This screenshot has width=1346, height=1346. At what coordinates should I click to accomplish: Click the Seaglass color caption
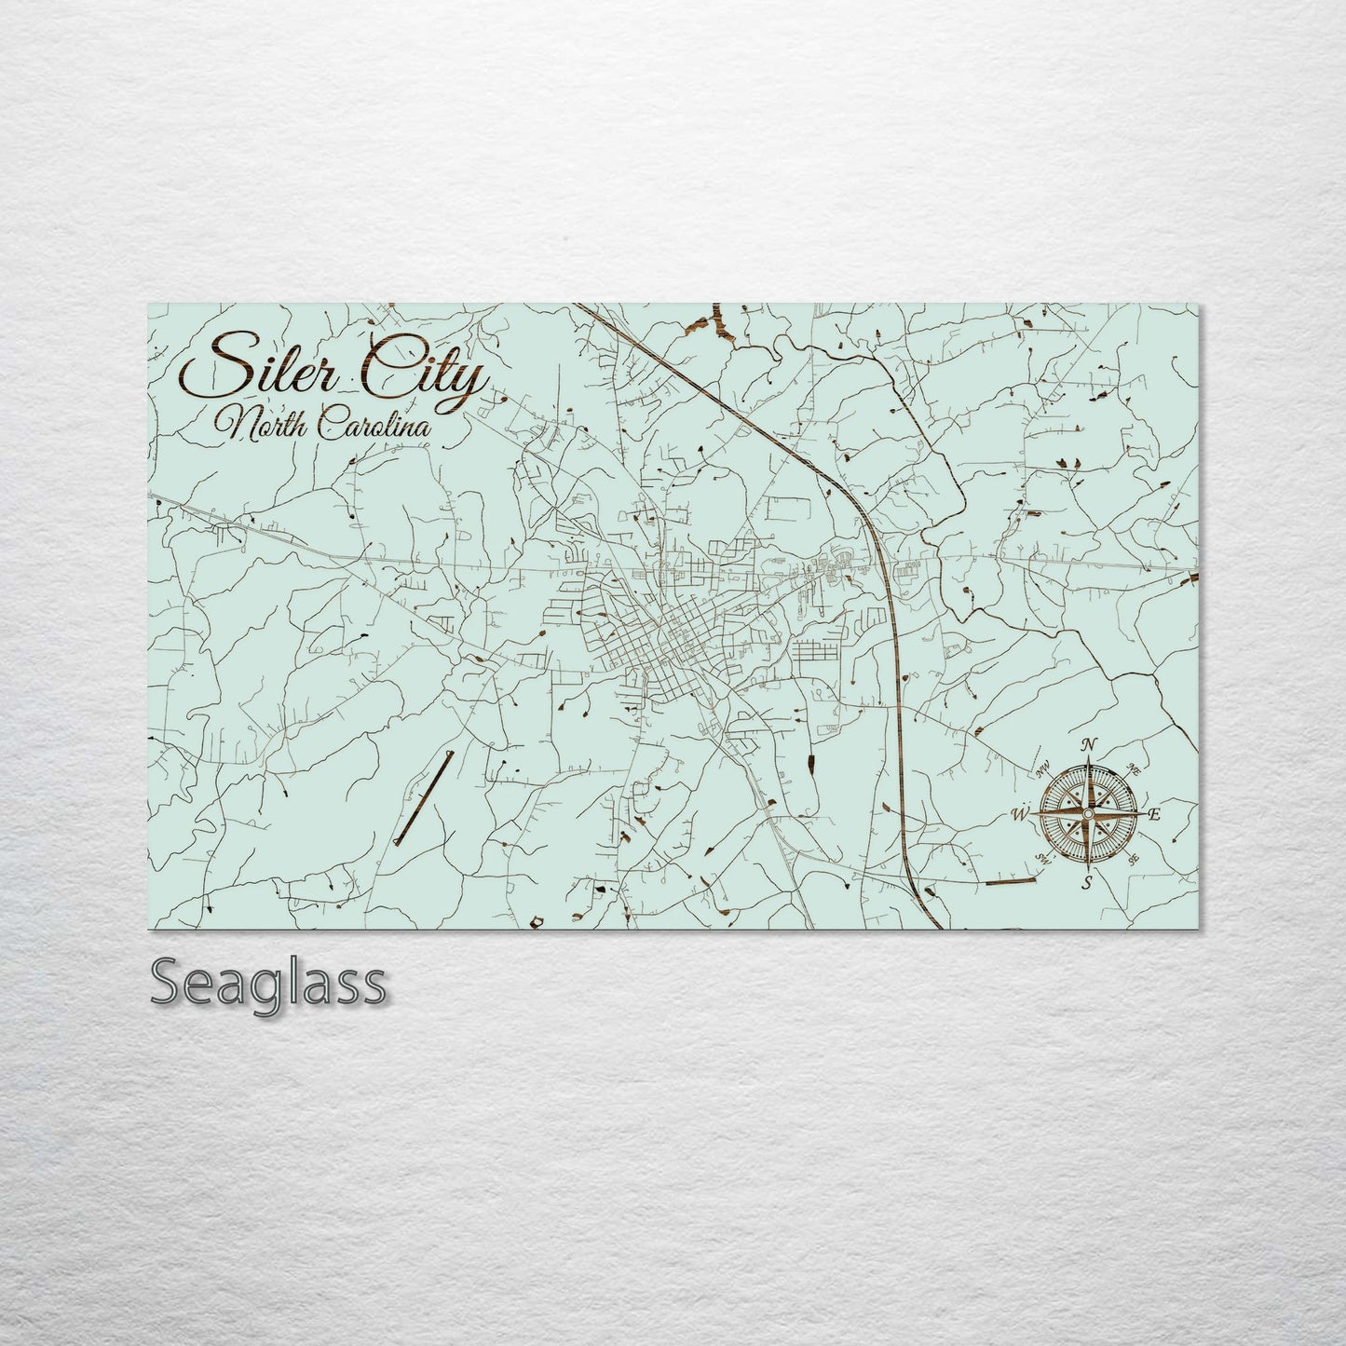pos(267,983)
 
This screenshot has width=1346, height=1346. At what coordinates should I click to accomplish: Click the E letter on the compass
pos(1153,816)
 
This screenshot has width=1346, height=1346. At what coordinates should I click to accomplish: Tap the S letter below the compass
pos(1086,882)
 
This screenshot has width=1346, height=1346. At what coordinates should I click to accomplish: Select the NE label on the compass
pos(1133,769)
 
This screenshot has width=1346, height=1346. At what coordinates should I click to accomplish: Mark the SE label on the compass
pos(1133,860)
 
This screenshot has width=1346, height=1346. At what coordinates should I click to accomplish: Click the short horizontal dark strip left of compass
pos(1011,880)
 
